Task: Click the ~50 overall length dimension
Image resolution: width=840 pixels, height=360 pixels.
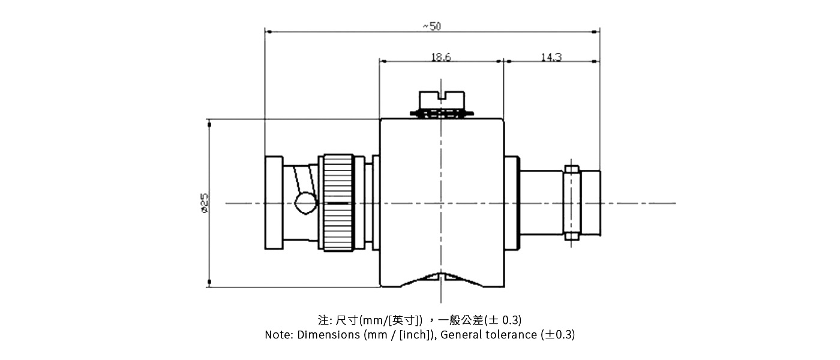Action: (x=431, y=26)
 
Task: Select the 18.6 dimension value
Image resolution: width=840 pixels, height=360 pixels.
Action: (x=441, y=57)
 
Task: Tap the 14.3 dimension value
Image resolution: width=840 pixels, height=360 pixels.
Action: (x=551, y=57)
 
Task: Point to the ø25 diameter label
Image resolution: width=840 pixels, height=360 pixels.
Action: (x=204, y=203)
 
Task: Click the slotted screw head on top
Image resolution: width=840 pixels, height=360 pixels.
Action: (x=442, y=99)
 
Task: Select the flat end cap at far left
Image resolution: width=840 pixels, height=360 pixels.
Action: (x=273, y=203)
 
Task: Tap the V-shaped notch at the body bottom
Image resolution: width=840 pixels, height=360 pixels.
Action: (x=441, y=278)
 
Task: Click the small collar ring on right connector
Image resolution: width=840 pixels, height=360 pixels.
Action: (x=572, y=203)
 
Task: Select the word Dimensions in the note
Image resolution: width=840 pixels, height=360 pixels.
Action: (x=329, y=335)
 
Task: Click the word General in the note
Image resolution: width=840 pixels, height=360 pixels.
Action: (x=458, y=335)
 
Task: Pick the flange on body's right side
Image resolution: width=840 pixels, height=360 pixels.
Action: (x=511, y=203)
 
